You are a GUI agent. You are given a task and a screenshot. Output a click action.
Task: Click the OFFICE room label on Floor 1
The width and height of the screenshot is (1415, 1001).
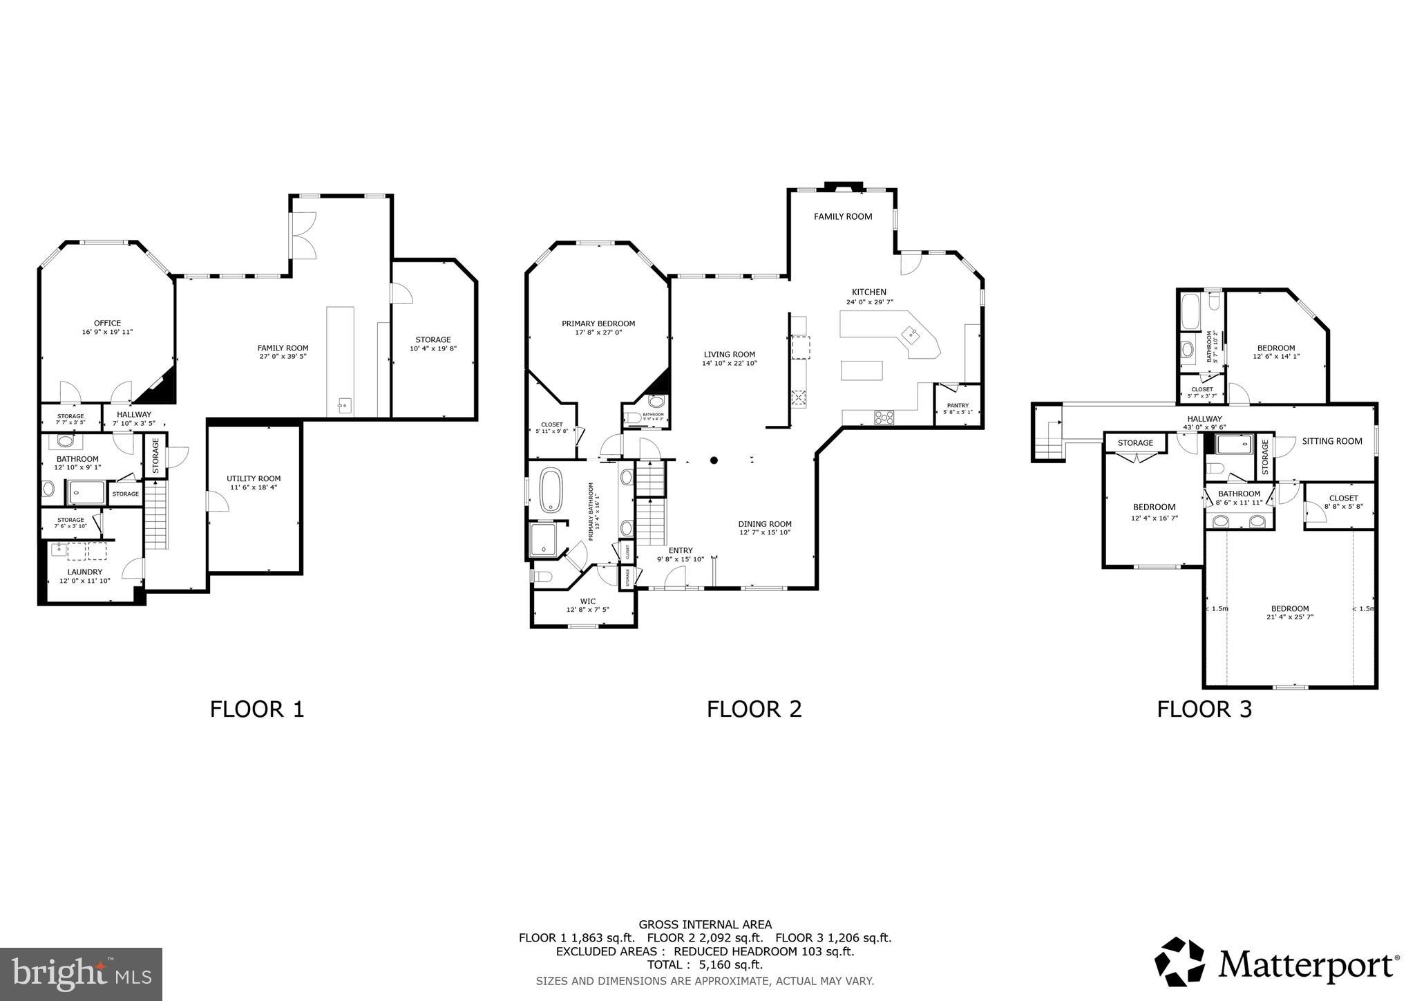click(107, 323)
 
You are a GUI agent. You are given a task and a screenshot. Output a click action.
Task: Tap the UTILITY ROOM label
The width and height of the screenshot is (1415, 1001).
click(254, 478)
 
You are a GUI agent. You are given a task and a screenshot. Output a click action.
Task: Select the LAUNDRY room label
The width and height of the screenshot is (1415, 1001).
click(85, 572)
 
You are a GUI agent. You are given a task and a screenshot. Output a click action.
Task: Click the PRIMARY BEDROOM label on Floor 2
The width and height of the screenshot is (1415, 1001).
click(598, 324)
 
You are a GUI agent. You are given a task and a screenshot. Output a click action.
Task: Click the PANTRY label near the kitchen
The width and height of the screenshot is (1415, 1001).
click(958, 406)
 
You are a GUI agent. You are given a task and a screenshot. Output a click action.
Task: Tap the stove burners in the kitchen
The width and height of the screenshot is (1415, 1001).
click(884, 417)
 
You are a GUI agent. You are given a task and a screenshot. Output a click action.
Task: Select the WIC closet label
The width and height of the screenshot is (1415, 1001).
click(587, 601)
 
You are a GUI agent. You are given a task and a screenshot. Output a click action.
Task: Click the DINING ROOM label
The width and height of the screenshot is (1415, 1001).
click(765, 524)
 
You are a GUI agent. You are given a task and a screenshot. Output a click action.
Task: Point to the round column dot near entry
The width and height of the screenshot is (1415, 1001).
click(714, 460)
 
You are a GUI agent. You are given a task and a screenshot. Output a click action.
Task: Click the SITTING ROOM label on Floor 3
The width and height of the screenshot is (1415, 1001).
click(1332, 441)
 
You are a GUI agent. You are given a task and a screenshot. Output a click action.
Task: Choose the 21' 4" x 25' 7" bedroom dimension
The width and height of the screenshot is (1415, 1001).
click(1290, 617)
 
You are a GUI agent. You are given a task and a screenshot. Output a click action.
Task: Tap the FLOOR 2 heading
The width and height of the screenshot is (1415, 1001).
click(754, 709)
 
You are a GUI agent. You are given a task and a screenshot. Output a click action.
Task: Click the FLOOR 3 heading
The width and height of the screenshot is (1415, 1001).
click(1204, 709)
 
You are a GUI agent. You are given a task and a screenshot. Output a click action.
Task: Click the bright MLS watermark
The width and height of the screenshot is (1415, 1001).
click(81, 974)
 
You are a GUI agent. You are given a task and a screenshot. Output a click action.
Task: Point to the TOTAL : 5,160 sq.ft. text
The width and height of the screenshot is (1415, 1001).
click(705, 964)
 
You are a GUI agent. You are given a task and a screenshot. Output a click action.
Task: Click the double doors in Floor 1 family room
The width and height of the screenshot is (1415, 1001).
click(303, 235)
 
